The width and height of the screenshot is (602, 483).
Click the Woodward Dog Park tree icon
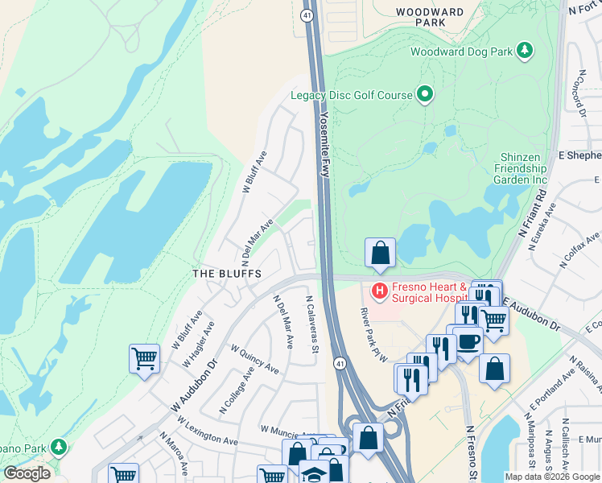[525, 52]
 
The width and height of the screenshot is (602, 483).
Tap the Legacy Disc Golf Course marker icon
[425, 95]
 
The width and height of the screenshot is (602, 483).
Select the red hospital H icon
[379, 289]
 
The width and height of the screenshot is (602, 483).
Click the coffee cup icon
[467, 340]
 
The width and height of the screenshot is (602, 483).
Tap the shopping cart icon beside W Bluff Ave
[144, 358]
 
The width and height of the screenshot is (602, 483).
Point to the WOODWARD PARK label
[431, 17]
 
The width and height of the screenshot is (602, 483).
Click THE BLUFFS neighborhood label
[227, 274]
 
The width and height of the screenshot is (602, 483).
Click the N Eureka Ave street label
[542, 227]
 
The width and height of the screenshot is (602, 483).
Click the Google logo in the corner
[27, 473]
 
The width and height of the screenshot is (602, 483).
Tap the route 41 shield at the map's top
[307, 15]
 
